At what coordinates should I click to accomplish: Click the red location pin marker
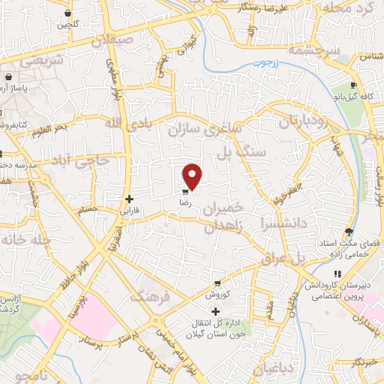[193, 176]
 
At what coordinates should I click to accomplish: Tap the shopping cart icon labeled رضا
[185, 191]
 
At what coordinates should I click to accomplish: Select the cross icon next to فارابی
[130, 199]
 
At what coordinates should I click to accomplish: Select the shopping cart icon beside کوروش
[217, 283]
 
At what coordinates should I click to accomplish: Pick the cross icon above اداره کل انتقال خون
[216, 311]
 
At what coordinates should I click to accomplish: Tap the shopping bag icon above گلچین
[68, 13]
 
